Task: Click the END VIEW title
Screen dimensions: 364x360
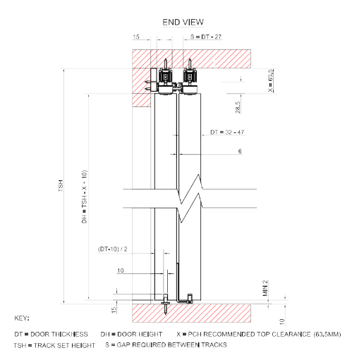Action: tap(183, 23)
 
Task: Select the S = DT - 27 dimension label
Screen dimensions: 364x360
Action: tap(206, 37)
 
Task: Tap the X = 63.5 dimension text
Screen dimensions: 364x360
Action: tap(271, 80)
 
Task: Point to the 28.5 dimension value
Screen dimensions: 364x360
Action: tap(238, 107)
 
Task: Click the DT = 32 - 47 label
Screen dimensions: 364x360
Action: tap(227, 132)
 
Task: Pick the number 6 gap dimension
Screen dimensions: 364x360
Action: tap(240, 151)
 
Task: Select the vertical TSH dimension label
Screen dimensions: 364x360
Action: tap(61, 186)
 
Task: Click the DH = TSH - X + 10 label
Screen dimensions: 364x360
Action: tap(84, 197)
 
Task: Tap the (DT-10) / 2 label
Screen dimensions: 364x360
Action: tap(113, 249)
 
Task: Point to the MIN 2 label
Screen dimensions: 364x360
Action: tap(265, 288)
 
